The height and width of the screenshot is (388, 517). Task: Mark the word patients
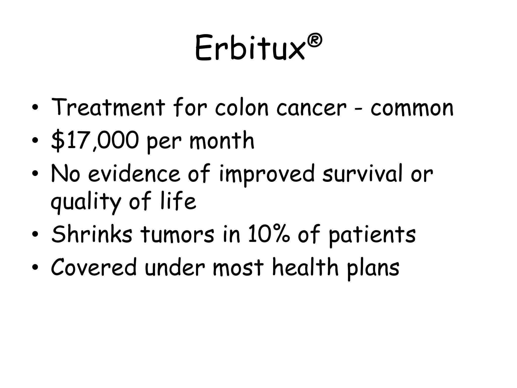pyautogui.click(x=372, y=235)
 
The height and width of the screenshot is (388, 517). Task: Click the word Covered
pyautogui.click(x=94, y=267)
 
